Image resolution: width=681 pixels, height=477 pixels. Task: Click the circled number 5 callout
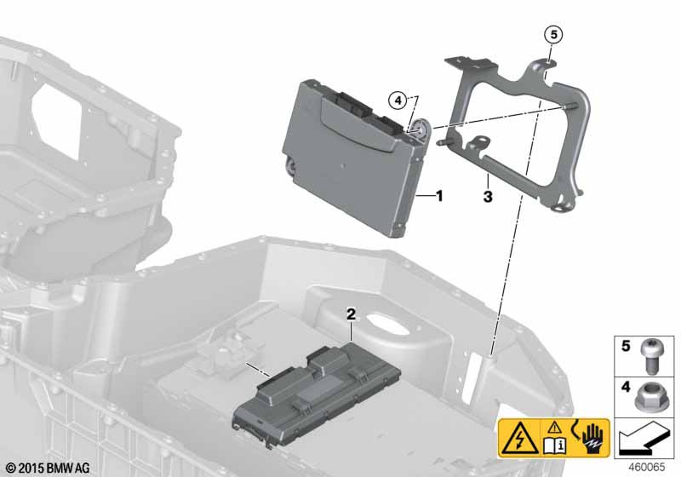tap(554, 34)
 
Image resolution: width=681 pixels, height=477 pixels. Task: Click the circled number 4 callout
tap(398, 101)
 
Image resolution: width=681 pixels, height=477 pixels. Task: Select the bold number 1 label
tap(439, 197)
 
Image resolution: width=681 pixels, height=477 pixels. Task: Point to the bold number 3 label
tap(488, 197)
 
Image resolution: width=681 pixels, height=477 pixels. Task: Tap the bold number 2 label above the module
tap(351, 314)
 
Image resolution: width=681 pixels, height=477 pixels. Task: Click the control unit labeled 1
tap(354, 157)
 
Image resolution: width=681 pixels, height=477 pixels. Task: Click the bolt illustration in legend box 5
tap(649, 356)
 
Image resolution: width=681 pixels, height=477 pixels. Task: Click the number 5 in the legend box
tap(626, 346)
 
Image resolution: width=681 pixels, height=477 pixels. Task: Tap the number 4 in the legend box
tap(626, 387)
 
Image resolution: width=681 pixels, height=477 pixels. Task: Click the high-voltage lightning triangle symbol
tap(519, 438)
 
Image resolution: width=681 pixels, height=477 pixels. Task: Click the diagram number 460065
tap(647, 468)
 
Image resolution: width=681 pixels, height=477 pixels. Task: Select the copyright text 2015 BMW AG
tap(48, 468)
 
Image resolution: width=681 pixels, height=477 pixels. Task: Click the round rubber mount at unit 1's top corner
tap(421, 129)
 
